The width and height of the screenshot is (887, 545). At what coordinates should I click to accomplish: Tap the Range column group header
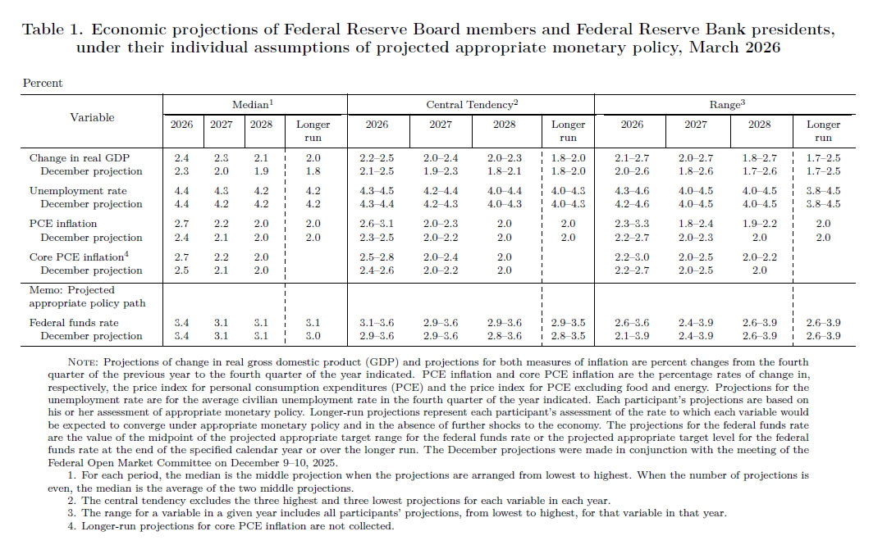point(727,105)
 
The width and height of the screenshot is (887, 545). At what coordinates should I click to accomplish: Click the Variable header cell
point(92,117)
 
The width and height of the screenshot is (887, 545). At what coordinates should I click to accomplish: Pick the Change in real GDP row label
point(80,157)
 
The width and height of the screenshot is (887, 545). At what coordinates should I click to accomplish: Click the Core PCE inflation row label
point(76,257)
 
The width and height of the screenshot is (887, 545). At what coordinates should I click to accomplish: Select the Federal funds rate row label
point(75,323)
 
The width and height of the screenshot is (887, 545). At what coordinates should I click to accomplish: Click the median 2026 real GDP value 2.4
point(181,157)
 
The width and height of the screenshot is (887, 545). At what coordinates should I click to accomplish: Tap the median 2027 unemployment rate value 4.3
point(222,190)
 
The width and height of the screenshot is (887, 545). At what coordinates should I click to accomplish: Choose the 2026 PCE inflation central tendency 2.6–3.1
point(377,224)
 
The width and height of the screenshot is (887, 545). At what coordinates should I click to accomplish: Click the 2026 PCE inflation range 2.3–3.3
point(632,224)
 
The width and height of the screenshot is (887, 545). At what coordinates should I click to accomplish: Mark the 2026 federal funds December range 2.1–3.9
point(632,336)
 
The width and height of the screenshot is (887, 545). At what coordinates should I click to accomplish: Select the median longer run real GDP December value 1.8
point(313,171)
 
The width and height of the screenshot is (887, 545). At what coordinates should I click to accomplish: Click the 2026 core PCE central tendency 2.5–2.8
point(377,257)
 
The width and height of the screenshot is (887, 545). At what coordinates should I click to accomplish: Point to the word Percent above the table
point(43,83)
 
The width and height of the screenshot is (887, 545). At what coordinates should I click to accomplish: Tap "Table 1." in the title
point(52,30)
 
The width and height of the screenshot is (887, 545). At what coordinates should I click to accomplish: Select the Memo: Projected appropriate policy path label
point(87,296)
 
